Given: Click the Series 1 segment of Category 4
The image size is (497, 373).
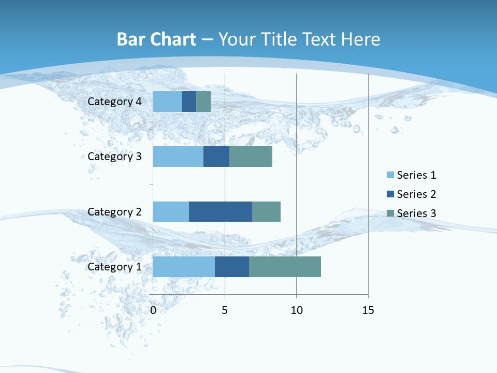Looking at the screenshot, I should [x=167, y=102].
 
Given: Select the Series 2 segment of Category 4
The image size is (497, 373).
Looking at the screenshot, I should [x=189, y=102].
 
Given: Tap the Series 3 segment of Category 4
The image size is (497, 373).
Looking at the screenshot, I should [x=203, y=102].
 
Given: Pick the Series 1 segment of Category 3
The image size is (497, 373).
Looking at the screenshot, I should [x=178, y=156].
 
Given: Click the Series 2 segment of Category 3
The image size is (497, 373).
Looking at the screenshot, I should [x=216, y=156].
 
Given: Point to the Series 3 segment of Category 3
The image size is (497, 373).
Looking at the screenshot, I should [x=251, y=156].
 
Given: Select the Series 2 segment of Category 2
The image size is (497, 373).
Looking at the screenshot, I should [x=221, y=211].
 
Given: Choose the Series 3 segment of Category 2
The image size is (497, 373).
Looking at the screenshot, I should [x=266, y=211].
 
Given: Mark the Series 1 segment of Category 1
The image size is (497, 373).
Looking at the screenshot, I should [x=184, y=267].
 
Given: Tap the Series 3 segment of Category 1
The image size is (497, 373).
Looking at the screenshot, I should [x=285, y=267].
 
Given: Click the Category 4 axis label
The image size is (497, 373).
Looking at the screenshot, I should [x=114, y=102].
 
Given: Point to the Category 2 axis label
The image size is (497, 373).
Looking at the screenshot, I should [x=114, y=212].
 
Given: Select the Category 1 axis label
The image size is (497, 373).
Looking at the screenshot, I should [x=114, y=267].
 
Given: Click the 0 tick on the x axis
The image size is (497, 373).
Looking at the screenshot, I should [x=153, y=310].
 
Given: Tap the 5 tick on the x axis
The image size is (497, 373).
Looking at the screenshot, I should [x=225, y=310].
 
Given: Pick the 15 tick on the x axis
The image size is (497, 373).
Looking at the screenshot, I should [x=368, y=310].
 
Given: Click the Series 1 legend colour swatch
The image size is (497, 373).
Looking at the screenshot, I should [x=390, y=175].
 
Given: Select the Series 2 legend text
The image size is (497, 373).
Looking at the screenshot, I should [x=416, y=194].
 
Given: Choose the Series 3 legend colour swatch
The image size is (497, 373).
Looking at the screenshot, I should [x=390, y=213].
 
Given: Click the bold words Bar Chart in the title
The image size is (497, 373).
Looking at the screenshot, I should [x=156, y=39].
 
